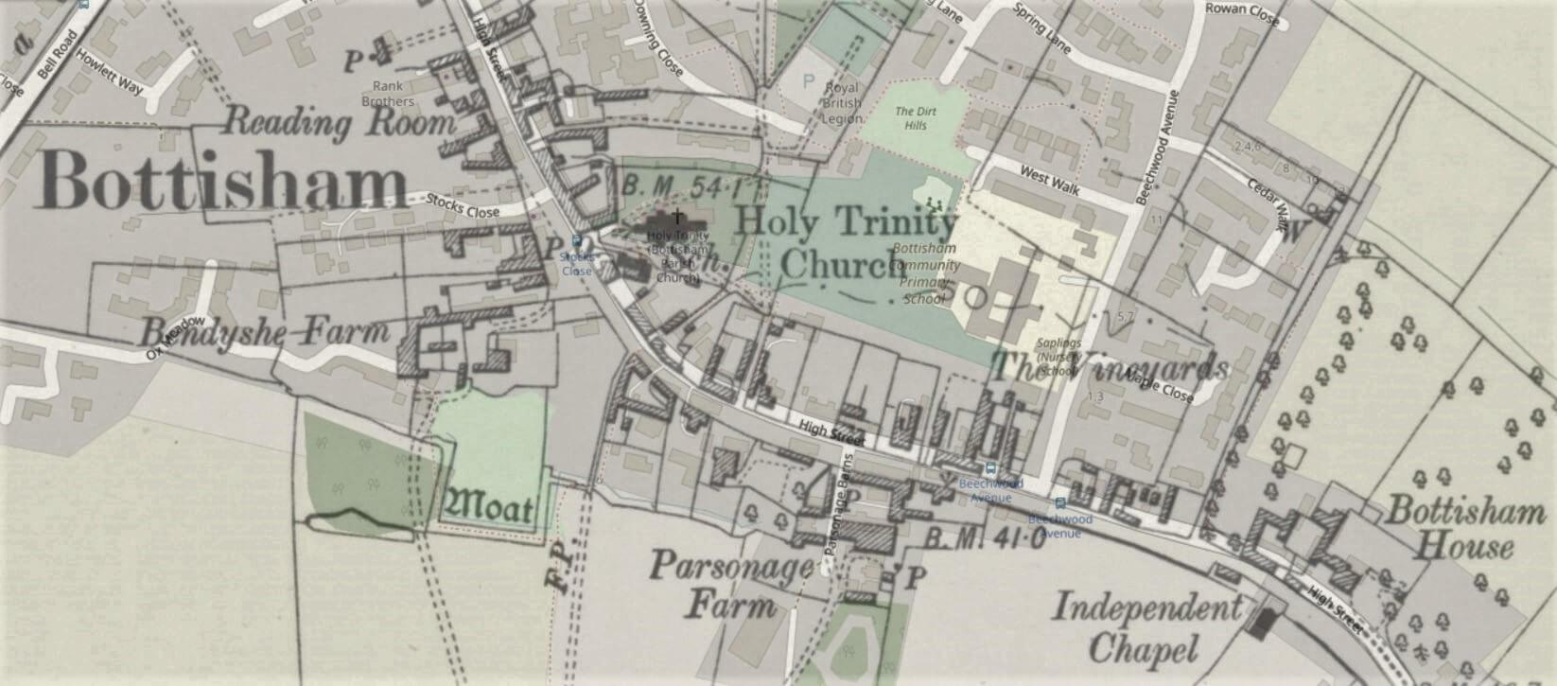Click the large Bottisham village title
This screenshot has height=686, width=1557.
coord(225,182)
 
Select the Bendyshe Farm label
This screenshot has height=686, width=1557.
coord(264,332)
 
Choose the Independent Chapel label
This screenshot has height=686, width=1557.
coord(1146,627)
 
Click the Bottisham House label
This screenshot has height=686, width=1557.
coord(1464,528)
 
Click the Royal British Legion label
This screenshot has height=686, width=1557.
coord(842,103)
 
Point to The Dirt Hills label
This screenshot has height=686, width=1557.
coord(916,117)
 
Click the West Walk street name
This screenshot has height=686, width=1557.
coord(1049,177)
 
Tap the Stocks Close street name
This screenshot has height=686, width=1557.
coord(463,205)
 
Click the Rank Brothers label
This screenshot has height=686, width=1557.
coord(388,94)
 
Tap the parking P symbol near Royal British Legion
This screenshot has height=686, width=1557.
coord(807,81)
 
